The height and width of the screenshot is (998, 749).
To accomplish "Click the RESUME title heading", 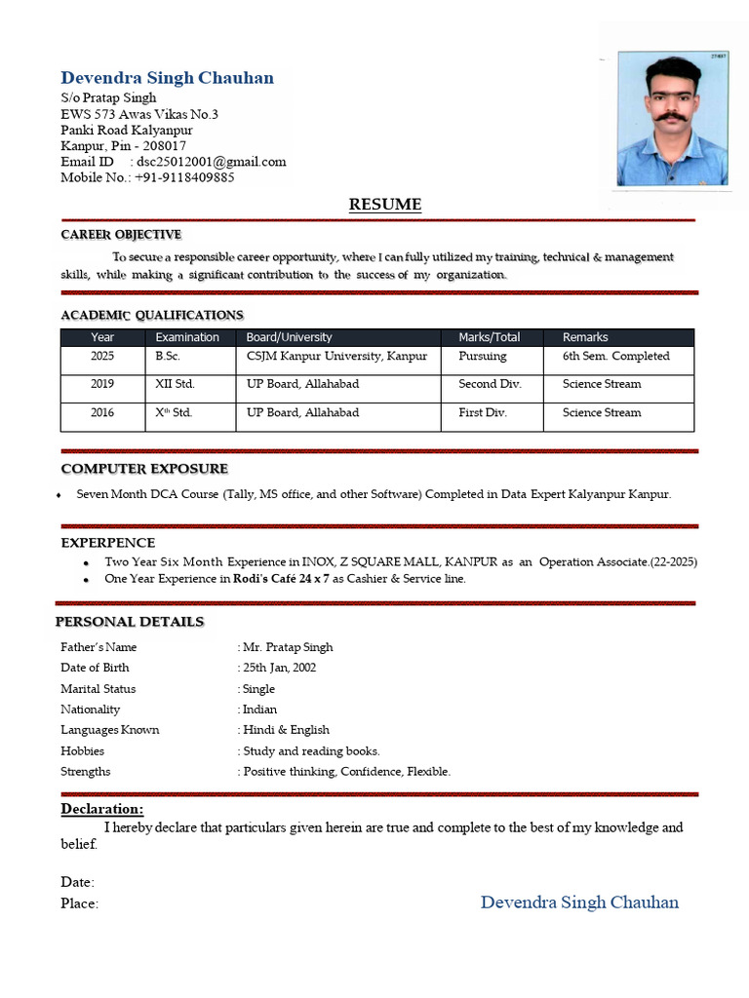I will tap(385, 205).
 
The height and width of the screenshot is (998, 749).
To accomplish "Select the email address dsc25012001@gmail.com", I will tap(212, 162).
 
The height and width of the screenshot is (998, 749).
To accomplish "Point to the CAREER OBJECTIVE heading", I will tap(121, 235).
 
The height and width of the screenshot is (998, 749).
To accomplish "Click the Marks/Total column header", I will tap(489, 337).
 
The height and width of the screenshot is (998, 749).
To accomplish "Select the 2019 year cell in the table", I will tap(102, 384).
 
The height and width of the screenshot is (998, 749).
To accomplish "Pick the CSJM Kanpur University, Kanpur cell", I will tap(336, 357).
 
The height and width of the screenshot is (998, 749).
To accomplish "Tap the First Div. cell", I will tap(483, 413).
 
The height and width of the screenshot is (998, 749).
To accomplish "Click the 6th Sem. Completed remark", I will tap(615, 357).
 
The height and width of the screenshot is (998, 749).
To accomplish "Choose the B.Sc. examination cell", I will tap(168, 357).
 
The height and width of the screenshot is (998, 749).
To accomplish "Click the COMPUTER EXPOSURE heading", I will tap(144, 469).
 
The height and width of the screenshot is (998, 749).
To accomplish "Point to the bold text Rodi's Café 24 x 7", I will tap(281, 579).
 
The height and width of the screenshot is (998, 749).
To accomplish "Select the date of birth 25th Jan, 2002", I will tap(279, 668).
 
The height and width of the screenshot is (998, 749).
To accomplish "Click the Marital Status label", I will tap(98, 689).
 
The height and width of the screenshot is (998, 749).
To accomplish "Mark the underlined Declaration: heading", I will tap(101, 810).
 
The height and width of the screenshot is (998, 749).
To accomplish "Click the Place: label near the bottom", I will tap(79, 904).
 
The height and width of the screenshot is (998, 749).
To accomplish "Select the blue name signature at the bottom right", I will tap(579, 902).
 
